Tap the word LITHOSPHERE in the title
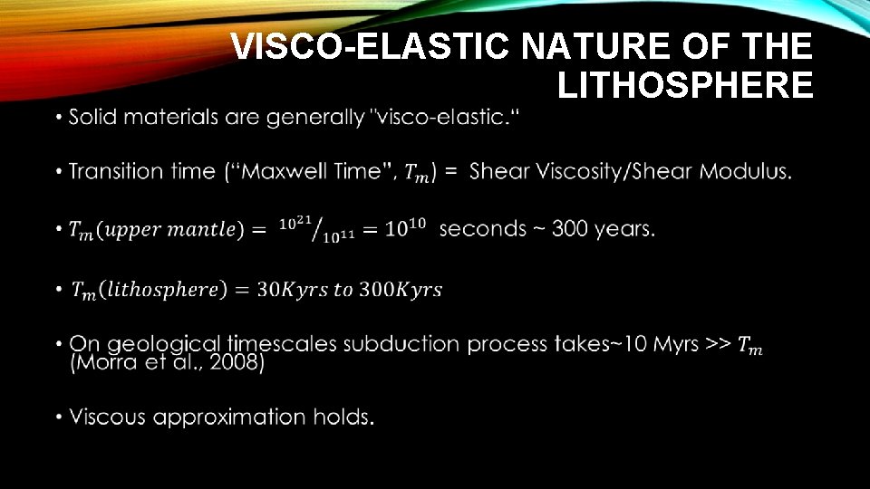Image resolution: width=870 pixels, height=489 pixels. click(685, 85)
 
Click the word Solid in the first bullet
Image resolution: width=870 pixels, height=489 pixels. click(95, 117)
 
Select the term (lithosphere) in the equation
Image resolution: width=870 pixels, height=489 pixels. click(162, 290)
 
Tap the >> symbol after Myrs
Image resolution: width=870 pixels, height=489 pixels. click(719, 343)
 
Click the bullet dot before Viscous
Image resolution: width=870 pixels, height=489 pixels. click(58, 417)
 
